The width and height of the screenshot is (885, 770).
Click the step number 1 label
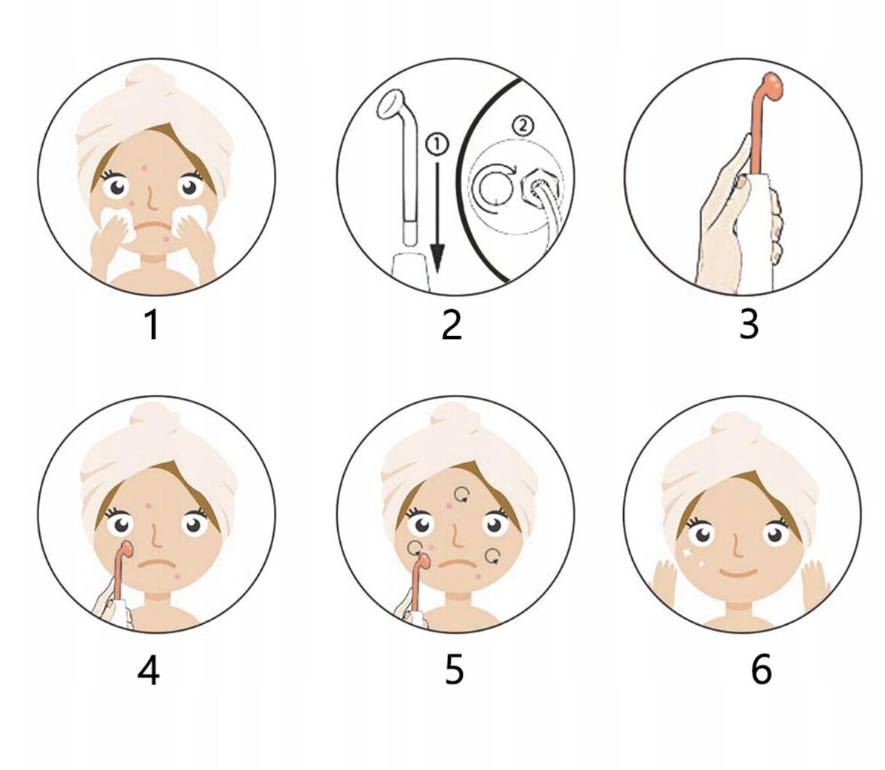(x=152, y=326)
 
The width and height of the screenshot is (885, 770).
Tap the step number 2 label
(x=452, y=326)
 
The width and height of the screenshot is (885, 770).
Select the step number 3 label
(x=749, y=325)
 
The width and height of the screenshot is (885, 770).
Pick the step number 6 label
(x=761, y=669)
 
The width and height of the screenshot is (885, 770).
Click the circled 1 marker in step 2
(x=436, y=144)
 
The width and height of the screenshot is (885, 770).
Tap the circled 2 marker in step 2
(x=522, y=126)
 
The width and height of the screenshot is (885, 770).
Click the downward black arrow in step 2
(x=437, y=217)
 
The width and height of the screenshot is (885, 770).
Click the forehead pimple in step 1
(x=144, y=168)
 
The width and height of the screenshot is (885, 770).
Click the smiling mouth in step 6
(x=739, y=574)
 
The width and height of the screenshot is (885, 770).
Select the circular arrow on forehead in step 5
(x=462, y=495)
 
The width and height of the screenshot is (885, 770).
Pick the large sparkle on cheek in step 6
(x=687, y=553)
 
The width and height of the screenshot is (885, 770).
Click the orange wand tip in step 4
(x=127, y=547)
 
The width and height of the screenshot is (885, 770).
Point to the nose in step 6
(x=735, y=544)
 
